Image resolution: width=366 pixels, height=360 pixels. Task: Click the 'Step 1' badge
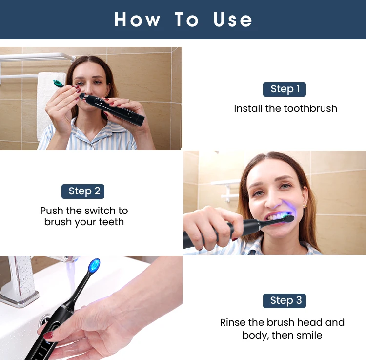coord(285,89)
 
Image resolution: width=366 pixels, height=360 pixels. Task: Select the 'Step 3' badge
coord(284,300)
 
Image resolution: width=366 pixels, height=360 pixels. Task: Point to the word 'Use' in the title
coord(233,20)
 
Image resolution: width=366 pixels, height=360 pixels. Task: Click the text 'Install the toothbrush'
coord(285,108)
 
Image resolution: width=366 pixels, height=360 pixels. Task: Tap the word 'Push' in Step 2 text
coord(52,211)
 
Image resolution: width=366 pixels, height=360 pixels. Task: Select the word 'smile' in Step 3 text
coord(307,336)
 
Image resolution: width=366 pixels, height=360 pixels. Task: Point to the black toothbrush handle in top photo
coord(115,107)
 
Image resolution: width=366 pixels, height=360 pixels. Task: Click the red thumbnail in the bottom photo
coord(48,335)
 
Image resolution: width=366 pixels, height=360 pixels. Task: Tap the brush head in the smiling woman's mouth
coord(287,219)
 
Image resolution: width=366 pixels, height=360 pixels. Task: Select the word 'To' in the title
coord(187,20)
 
